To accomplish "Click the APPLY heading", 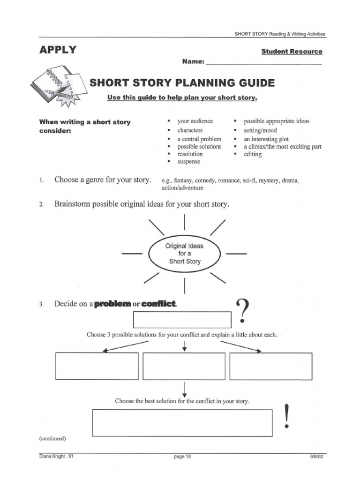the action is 58,50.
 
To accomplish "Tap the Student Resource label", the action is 292,52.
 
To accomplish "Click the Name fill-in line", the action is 264,62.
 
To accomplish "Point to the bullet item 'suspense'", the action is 188,161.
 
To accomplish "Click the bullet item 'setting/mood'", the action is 260,130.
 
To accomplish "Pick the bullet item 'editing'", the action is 253,154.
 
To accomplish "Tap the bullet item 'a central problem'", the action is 199,139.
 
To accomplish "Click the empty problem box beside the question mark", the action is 182,319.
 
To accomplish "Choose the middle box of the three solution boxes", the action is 184,366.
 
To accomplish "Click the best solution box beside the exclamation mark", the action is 182,423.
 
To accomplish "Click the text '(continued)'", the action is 52,439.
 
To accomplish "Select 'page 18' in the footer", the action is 183,457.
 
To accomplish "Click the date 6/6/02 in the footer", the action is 316,457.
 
